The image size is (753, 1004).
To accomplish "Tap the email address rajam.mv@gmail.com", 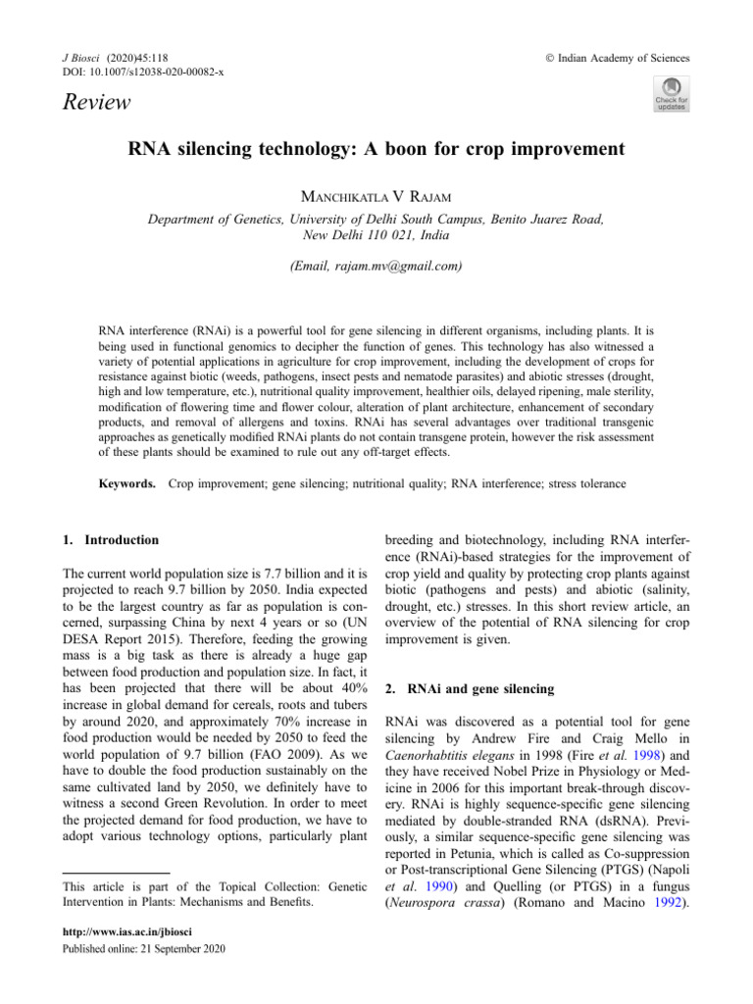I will (376, 266).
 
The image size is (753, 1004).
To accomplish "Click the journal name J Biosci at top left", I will (83, 58).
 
